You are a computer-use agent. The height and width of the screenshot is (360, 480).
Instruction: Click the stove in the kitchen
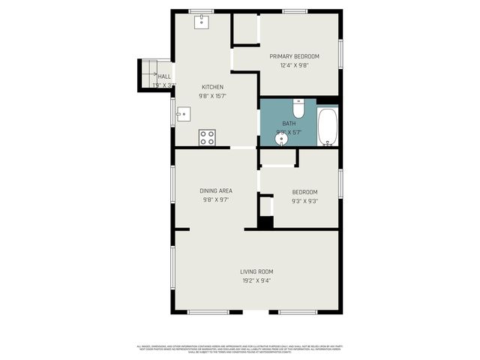[x=207, y=137]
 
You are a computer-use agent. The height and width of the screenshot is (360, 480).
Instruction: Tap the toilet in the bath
[x=298, y=109]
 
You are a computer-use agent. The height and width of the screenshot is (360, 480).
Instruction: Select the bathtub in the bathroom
[x=328, y=127]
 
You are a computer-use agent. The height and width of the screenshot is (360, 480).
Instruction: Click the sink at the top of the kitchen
[x=202, y=22]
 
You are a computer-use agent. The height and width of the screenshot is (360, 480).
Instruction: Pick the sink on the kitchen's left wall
[x=182, y=115]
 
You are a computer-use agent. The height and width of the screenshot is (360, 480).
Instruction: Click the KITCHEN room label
[x=212, y=87]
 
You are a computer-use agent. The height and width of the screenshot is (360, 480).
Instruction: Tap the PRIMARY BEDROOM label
[x=295, y=56]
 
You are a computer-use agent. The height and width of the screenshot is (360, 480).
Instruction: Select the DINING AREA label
[x=215, y=191]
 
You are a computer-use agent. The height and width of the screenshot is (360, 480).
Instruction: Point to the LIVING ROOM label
[x=256, y=271]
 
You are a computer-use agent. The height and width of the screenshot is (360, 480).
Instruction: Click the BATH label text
[x=289, y=124]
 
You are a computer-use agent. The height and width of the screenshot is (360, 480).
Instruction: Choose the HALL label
[x=164, y=76]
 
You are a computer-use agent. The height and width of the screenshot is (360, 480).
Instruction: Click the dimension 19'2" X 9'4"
[x=256, y=280]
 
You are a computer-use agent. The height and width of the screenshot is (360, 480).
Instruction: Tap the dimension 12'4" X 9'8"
[x=295, y=65]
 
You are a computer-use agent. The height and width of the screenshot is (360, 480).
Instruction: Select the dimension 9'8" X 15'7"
[x=212, y=96]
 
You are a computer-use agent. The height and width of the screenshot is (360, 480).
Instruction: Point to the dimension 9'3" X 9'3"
[x=304, y=201]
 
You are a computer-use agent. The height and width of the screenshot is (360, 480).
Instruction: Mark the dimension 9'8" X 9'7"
[x=215, y=200]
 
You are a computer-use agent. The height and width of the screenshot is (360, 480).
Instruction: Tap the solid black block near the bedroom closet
[x=265, y=222]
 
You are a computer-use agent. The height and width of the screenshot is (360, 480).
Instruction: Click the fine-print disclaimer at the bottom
[x=240, y=348]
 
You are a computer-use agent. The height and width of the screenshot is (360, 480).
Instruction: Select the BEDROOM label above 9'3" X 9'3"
[x=304, y=192]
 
